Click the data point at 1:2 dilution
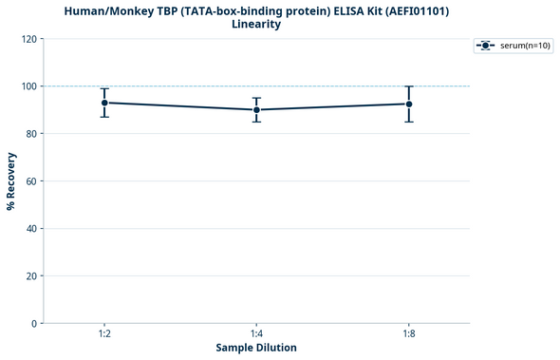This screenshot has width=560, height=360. tap(104, 103)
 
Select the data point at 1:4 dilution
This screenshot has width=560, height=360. tap(256, 110)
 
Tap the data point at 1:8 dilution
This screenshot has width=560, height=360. tap(409, 104)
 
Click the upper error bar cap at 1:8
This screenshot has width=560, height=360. tap(409, 86)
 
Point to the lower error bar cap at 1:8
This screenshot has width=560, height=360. tap(409, 122)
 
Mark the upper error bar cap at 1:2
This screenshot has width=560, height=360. tap(104, 88)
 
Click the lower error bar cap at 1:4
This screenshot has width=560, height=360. tap(256, 122)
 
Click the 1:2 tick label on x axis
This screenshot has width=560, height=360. tap(104, 334)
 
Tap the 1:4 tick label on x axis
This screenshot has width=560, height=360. tap(256, 334)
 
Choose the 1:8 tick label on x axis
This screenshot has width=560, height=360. tap(409, 334)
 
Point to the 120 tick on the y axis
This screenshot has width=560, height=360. tap(29, 39)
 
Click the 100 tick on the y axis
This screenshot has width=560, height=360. tap(29, 86)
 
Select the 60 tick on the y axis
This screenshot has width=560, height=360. tap(32, 181)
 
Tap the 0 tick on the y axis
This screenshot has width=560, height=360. tap(35, 324)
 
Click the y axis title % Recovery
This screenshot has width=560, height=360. tap(11, 181)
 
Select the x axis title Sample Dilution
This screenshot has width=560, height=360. tap(256, 349)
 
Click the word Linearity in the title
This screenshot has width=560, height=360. tap(256, 24)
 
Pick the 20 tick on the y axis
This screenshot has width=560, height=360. tap(32, 276)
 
